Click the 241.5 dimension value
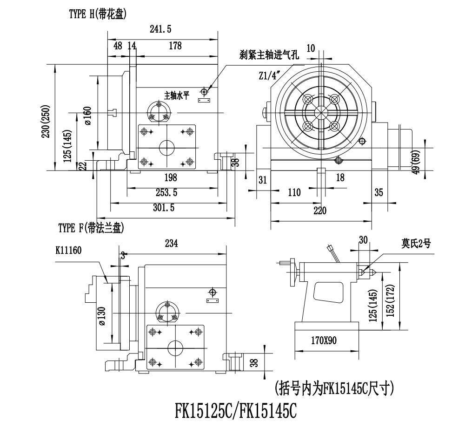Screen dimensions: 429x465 pyautogui.click(x=161, y=29)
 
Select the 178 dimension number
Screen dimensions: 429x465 pyautogui.click(x=175, y=46)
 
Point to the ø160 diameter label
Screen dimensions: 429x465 pyautogui.click(x=88, y=116)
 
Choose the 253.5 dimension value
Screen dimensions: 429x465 pyautogui.click(x=166, y=192)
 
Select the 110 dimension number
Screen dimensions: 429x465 pyautogui.click(x=294, y=192)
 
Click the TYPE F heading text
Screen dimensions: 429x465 pyautogui.click(x=91, y=228)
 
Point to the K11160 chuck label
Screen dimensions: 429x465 pyautogui.click(x=68, y=250)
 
